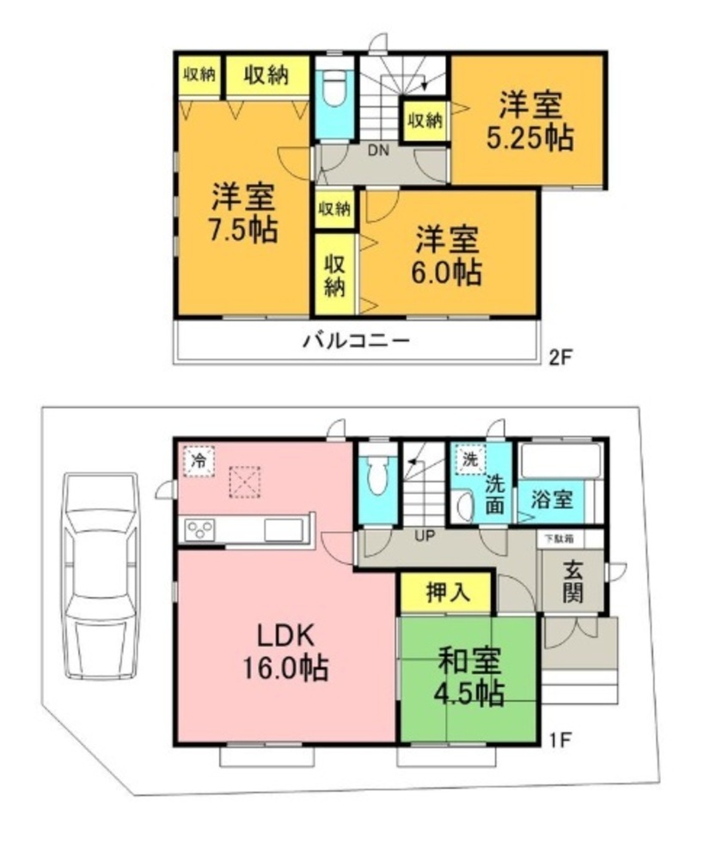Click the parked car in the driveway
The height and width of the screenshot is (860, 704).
click(101, 576)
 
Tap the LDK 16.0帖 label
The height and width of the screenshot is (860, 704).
click(285, 653)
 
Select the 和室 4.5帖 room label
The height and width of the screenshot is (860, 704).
click(469, 678)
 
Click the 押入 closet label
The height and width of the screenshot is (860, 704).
click(448, 593)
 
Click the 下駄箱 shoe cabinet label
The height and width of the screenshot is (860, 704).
click(560, 538)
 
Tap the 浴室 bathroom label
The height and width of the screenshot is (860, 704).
click(552, 499)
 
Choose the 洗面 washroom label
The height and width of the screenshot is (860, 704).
click(494, 494)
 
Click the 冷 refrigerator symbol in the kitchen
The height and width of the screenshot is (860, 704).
click(199, 461)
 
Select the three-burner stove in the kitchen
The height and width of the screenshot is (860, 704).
click(200, 530)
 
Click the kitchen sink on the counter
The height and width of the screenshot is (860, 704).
click(284, 530)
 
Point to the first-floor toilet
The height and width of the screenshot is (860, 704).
click(376, 476)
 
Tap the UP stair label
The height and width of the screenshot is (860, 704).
click(425, 536)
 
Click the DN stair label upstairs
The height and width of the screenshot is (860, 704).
click(377, 150)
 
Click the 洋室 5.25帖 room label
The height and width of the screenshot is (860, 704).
click(530, 122)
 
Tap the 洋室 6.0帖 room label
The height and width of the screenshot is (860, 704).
click(447, 255)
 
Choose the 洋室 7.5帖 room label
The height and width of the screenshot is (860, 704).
click(243, 213)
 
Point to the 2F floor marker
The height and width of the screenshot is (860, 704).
click(560, 358)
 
